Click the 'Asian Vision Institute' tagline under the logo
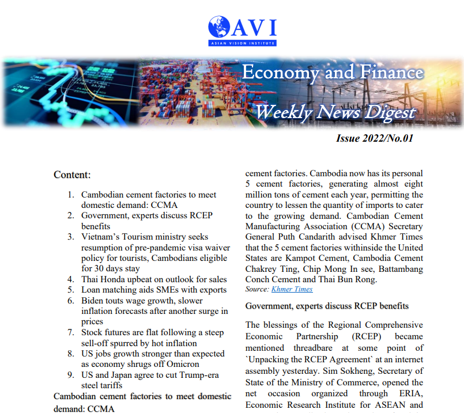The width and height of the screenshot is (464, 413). [243, 43]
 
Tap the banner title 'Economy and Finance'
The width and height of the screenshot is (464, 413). [333, 73]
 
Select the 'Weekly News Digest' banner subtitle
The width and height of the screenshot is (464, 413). [335, 111]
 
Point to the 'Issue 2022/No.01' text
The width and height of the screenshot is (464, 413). [375, 138]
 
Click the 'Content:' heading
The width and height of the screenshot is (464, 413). [72, 174]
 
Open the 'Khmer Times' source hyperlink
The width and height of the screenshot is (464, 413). [292, 289]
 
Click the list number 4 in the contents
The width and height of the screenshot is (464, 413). [70, 279]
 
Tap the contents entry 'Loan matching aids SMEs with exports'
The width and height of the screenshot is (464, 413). [154, 290]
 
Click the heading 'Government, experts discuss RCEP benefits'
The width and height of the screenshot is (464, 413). [327, 305]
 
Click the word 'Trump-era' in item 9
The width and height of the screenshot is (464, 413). [199, 375]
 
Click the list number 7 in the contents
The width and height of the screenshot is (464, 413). [70, 333]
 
